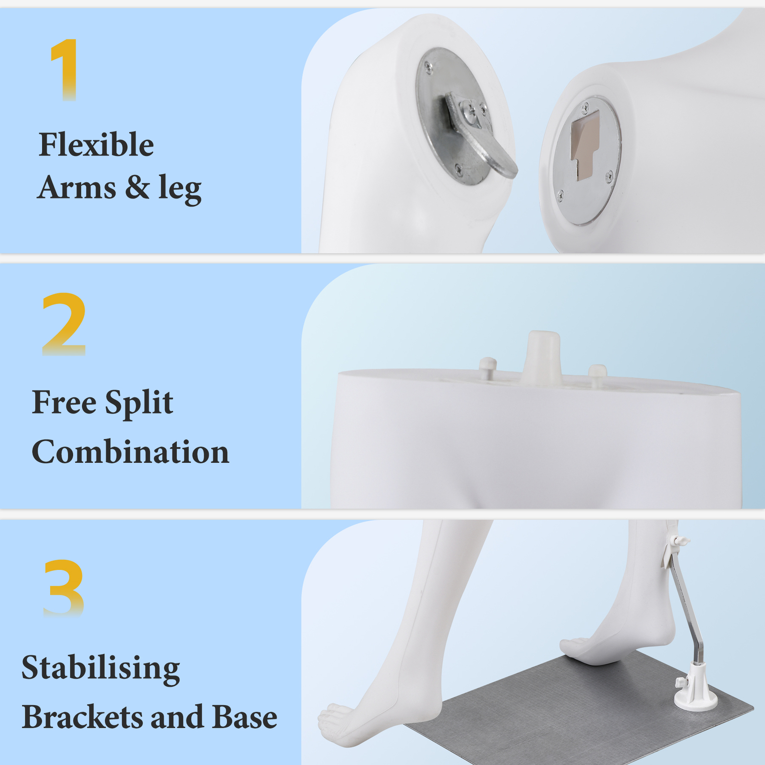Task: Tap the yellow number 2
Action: [64, 324]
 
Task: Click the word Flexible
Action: [96, 144]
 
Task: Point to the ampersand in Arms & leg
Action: [138, 187]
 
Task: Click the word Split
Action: [139, 403]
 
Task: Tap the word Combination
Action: [130, 451]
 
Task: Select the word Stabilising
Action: [101, 668]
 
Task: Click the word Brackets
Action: [83, 717]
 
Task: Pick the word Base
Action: [244, 717]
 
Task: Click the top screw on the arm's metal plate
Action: [429, 68]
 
